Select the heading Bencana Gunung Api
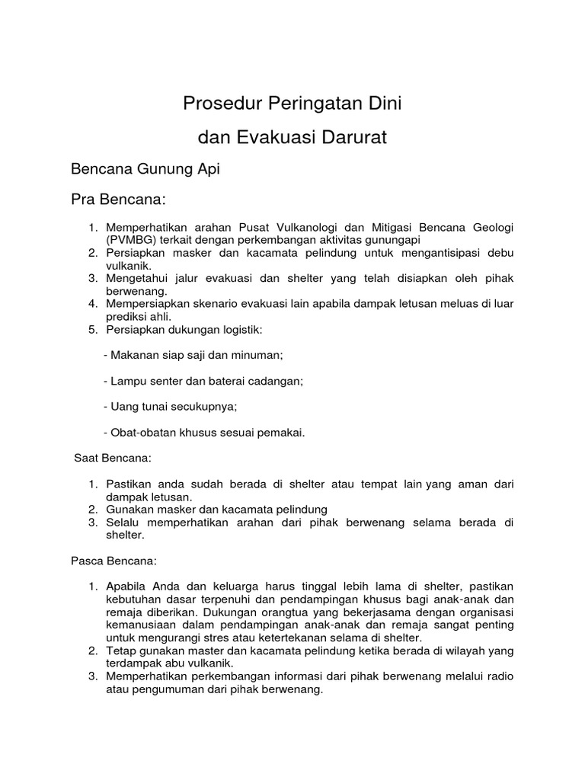coord(145,169)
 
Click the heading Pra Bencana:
coord(117,200)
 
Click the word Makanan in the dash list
coord(134,355)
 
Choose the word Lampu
coord(128,381)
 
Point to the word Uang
coord(124,407)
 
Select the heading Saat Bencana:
coord(113,459)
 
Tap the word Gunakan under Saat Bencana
coord(130,509)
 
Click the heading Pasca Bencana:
coord(114,561)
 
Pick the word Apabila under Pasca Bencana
coord(128,586)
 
